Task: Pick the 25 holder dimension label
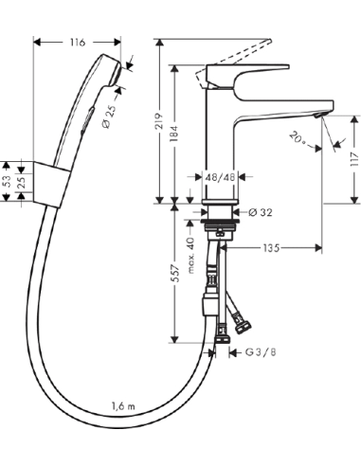click(x=22, y=180)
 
